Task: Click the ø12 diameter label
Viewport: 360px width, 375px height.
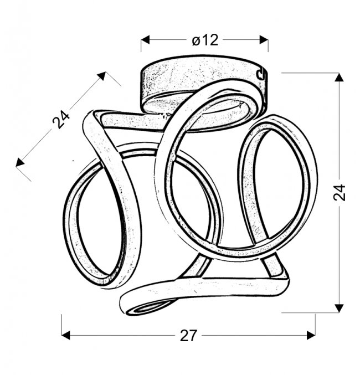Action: (x=205, y=40)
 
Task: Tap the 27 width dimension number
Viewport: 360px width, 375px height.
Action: (x=188, y=336)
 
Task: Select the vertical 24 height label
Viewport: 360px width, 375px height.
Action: (x=339, y=192)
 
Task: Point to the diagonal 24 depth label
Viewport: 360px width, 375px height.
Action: (x=61, y=119)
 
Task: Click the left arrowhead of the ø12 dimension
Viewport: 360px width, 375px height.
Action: (x=145, y=40)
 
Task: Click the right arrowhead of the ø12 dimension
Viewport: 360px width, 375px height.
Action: (x=264, y=40)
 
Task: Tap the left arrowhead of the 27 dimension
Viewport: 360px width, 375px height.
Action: (x=66, y=335)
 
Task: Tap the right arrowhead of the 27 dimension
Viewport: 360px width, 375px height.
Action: (x=311, y=335)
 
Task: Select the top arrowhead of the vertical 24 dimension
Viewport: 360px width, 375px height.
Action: (x=339, y=77)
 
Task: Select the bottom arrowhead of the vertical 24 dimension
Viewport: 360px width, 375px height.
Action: (x=339, y=309)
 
